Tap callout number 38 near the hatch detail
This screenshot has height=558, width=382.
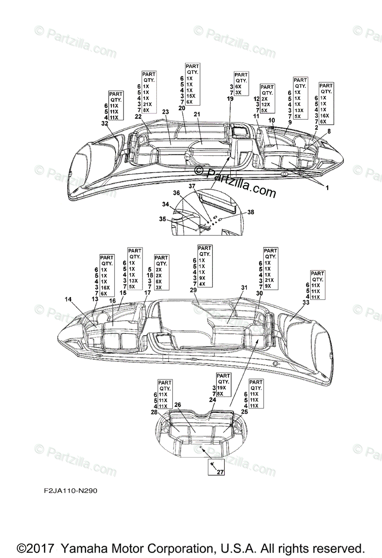point(250,212)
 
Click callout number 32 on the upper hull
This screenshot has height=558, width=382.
point(104,124)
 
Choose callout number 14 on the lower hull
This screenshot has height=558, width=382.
point(68,300)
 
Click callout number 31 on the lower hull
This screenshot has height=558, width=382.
point(244,287)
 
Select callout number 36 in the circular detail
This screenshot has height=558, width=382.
point(176,192)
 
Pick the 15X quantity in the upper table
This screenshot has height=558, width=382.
point(189,96)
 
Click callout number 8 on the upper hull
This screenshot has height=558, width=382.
point(329,132)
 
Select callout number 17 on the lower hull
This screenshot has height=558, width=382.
point(147,293)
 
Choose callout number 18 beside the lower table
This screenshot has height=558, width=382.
point(149,275)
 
